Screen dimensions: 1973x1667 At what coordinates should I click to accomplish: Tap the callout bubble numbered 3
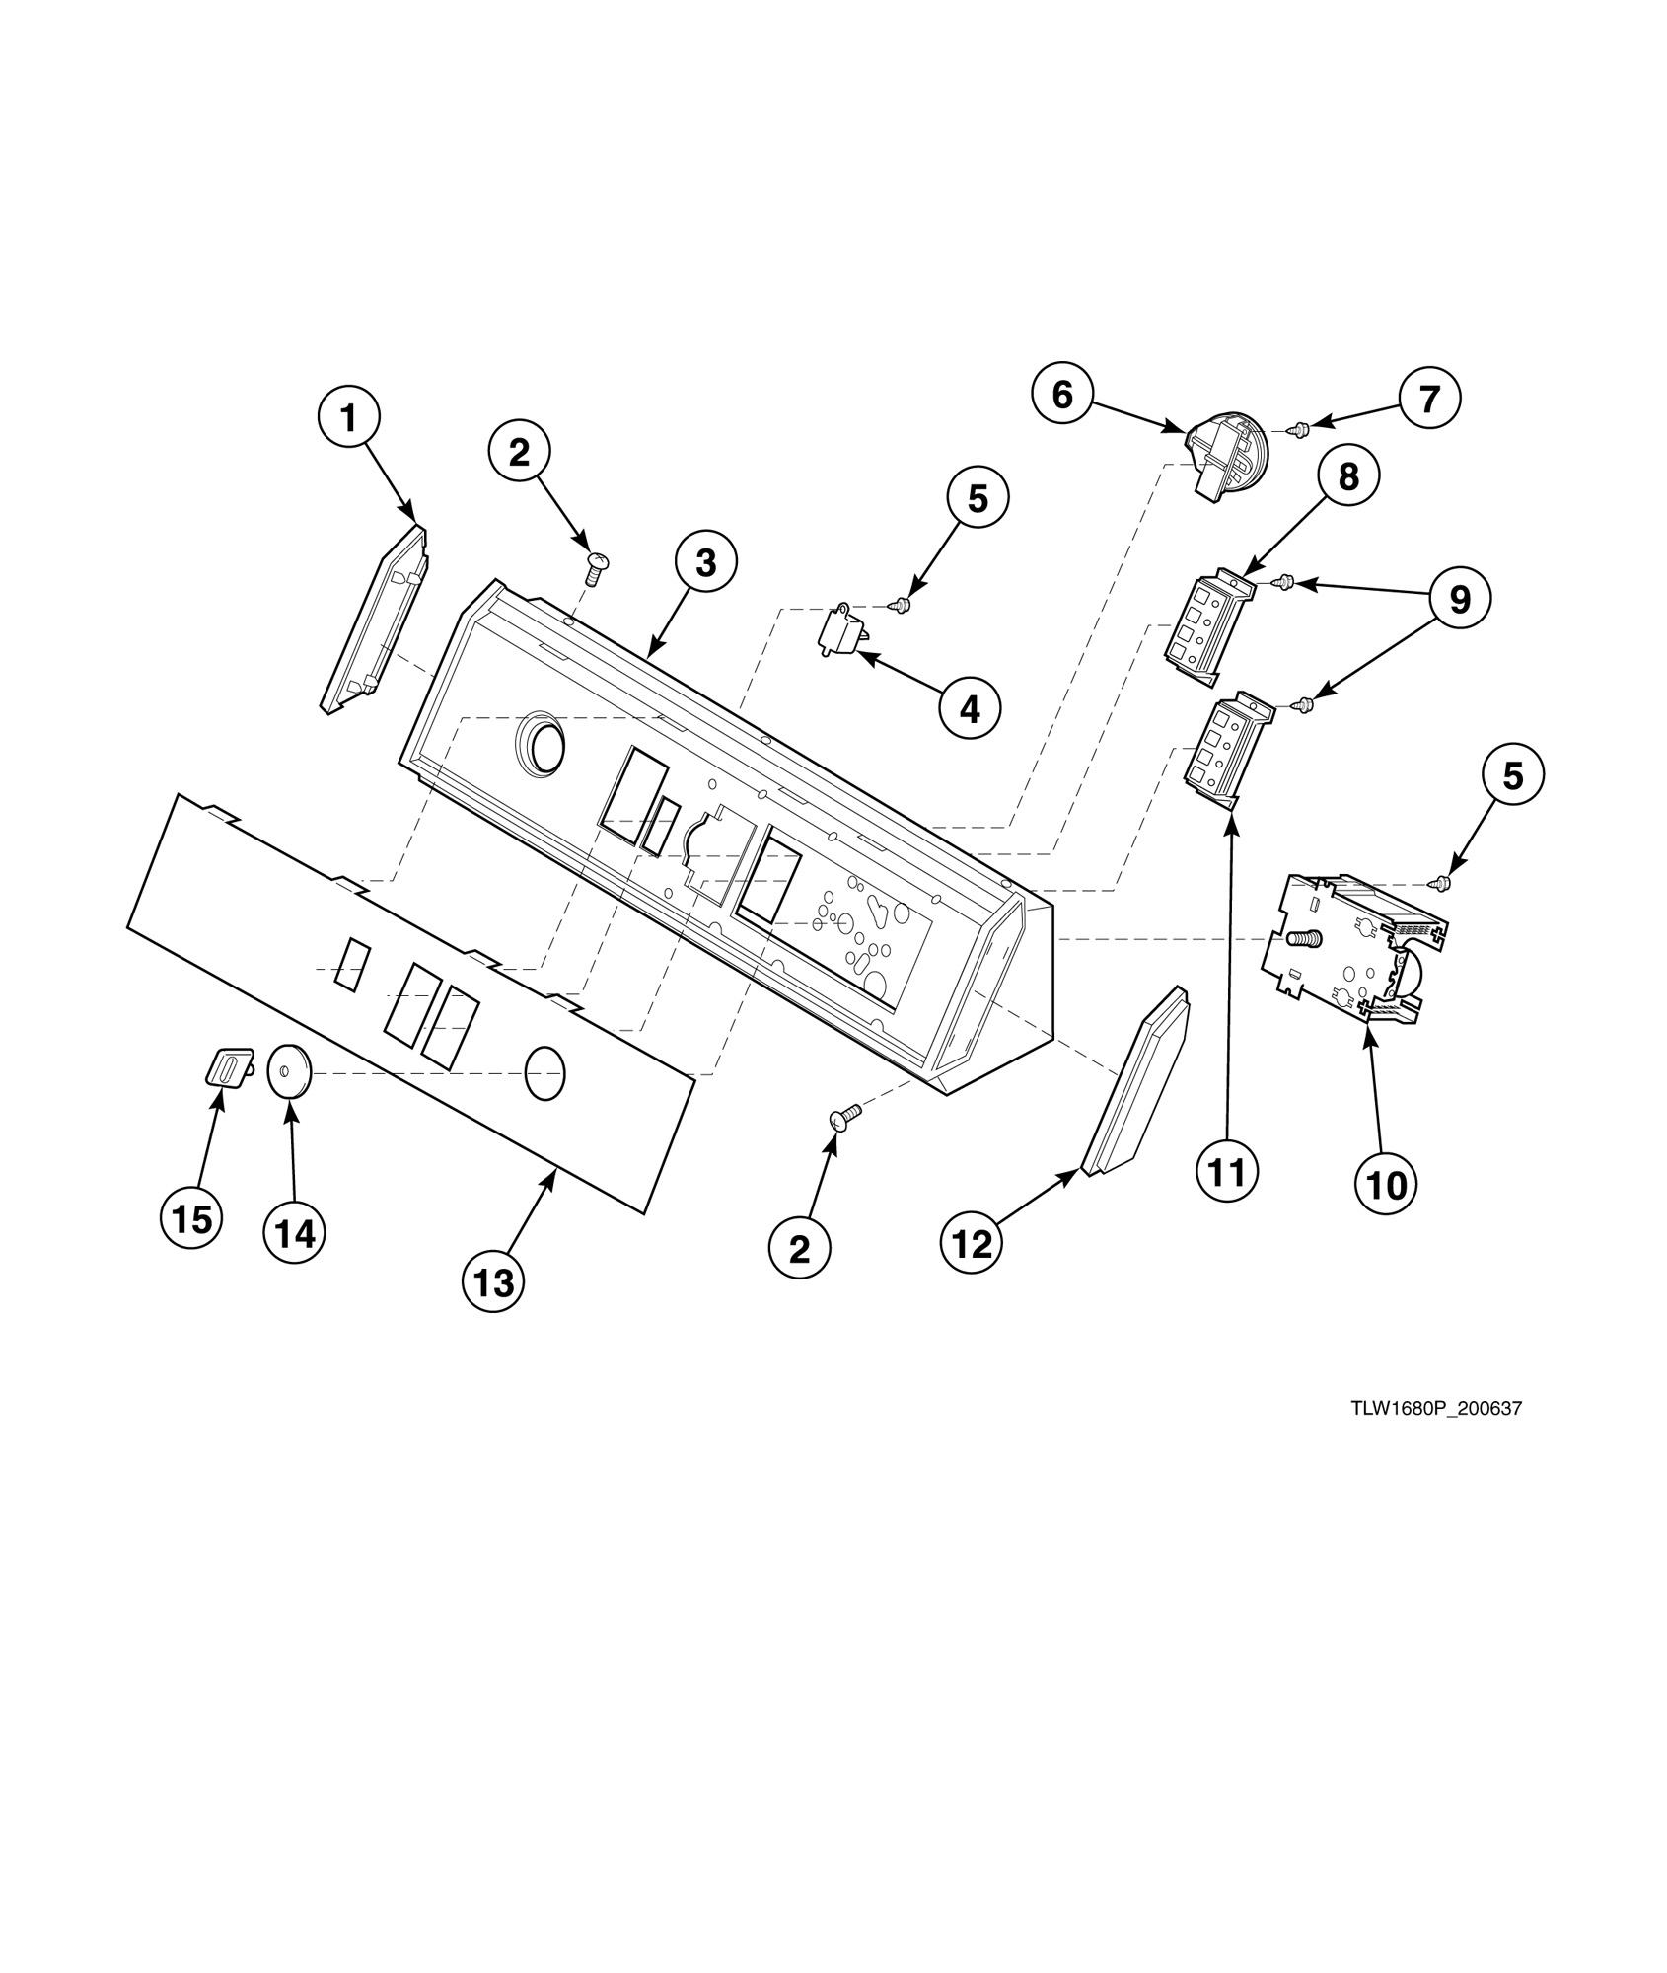click(705, 562)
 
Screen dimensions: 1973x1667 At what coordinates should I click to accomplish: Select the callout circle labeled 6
click(1061, 395)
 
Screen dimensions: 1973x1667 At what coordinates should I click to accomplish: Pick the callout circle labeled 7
click(1429, 399)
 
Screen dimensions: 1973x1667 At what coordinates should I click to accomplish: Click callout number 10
click(1386, 1184)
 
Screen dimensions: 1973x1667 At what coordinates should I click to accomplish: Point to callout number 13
click(494, 1282)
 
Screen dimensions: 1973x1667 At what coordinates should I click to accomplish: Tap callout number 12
click(972, 1244)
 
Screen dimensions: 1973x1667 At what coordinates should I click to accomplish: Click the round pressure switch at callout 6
click(1226, 459)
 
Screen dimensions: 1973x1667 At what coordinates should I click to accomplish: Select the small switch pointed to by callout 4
click(841, 628)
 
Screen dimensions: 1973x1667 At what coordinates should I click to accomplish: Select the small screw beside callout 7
click(1300, 429)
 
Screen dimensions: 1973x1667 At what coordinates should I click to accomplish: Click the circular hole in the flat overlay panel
click(545, 1073)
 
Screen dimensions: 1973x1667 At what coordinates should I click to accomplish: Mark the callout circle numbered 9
click(1459, 599)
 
